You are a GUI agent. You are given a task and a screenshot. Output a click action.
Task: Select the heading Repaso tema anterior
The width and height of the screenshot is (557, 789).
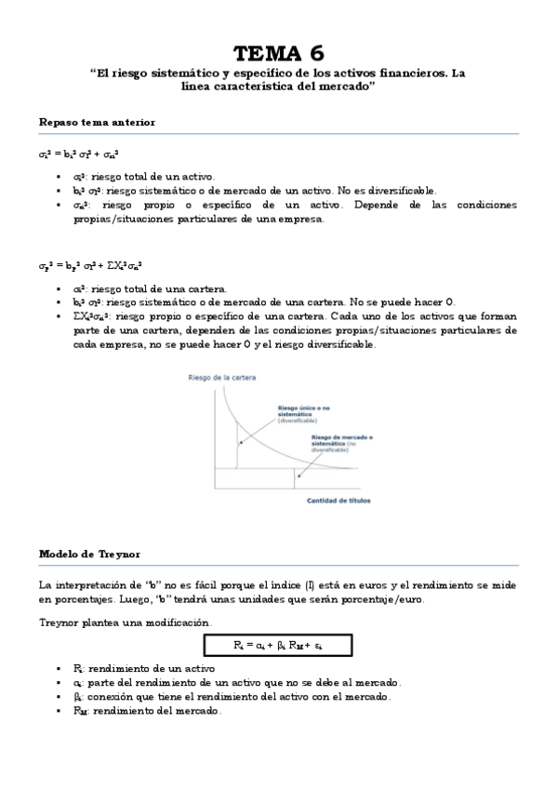click(x=97, y=123)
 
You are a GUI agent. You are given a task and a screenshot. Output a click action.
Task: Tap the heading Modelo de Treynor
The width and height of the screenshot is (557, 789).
click(x=89, y=554)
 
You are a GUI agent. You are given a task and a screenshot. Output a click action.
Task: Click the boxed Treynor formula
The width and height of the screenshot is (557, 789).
click(x=278, y=644)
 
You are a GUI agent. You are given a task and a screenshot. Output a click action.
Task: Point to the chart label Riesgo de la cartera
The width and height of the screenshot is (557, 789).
click(x=222, y=378)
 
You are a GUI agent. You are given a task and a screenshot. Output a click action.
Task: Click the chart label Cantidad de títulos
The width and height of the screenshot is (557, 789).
click(x=338, y=500)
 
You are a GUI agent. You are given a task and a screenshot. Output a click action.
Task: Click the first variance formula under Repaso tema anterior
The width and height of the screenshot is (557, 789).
click(x=78, y=154)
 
